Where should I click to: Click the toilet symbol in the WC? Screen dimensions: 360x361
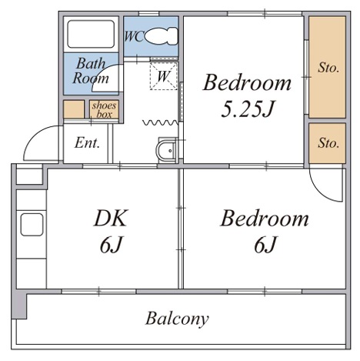[161, 36]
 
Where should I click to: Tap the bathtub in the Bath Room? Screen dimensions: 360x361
[91, 34]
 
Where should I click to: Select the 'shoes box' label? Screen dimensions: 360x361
[104, 110]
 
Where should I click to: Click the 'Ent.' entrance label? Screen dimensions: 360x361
[87, 142]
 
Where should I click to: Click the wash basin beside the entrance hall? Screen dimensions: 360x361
[166, 150]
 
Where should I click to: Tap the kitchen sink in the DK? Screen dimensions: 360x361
[32, 225]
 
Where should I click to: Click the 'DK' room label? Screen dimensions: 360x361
[111, 219]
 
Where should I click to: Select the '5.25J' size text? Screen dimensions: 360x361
[248, 109]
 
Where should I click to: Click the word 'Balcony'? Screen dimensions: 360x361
[177, 319]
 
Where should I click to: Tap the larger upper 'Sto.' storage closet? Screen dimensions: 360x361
[327, 67]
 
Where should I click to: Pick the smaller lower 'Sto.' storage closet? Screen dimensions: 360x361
[327, 143]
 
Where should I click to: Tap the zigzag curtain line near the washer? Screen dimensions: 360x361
[160, 122]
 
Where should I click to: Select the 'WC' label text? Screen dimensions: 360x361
[134, 36]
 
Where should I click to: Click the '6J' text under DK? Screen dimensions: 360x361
[111, 244]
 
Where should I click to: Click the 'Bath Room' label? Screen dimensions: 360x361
[91, 71]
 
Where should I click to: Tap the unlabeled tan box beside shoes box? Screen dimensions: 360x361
[74, 109]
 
